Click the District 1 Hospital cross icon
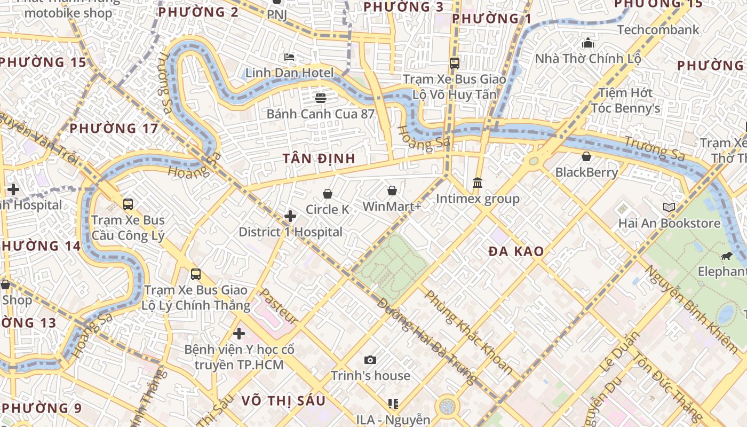click(x=290, y=216)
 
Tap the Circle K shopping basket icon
click(x=328, y=194)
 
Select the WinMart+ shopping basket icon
click(x=392, y=191)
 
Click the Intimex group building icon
click(x=478, y=183)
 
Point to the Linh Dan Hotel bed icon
click(x=289, y=57)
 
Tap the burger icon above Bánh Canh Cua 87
click(x=320, y=98)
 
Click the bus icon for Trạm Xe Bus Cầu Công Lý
click(x=128, y=204)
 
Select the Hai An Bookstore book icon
click(x=669, y=207)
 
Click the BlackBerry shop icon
click(x=586, y=156)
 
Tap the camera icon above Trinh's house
click(x=370, y=360)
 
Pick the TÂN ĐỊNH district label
click(x=319, y=159)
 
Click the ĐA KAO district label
click(x=516, y=251)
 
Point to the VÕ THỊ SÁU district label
click(x=283, y=401)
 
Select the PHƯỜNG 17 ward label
click(x=114, y=128)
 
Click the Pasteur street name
click(x=278, y=307)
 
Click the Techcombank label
click(x=658, y=29)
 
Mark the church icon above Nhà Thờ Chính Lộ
click(x=588, y=43)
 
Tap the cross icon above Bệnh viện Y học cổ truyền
click(x=239, y=334)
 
